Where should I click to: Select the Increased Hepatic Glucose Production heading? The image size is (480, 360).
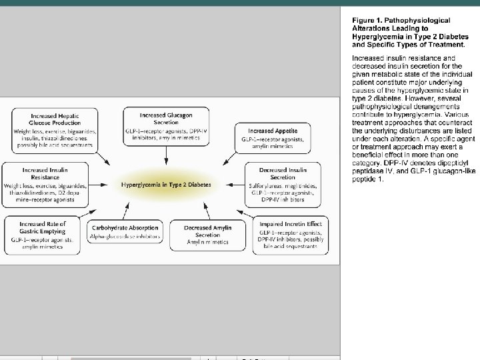point(55,119)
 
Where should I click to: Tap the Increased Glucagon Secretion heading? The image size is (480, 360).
point(166,119)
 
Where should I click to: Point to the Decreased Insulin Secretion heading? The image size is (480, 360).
point(283,174)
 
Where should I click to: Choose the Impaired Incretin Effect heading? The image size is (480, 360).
point(291,224)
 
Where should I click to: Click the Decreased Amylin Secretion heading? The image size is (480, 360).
point(208,231)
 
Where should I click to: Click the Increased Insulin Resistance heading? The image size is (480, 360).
point(45,174)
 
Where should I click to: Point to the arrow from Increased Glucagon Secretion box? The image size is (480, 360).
point(166,156)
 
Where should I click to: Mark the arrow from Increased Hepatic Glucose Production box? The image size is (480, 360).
point(101,157)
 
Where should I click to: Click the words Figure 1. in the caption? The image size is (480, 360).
point(367,21)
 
